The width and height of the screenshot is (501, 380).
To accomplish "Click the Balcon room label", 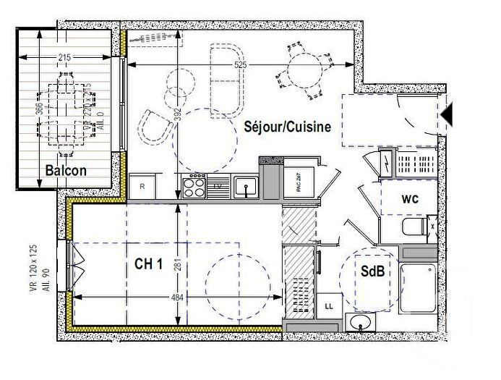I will pos(66,171).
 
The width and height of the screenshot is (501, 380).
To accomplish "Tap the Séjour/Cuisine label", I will pos(287,127).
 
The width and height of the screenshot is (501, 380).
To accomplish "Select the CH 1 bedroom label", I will pos(148,264).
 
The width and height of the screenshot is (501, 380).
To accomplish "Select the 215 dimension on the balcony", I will pos(65,58).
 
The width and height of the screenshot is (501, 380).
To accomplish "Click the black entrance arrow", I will pos(447,114).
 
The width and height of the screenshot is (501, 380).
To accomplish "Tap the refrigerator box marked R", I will pos(143,187).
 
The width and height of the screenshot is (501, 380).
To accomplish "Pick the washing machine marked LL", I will pos(330,306).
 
